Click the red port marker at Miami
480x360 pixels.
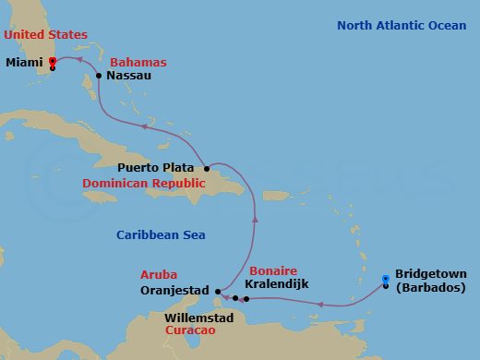point(53,62)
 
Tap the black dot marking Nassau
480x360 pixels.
point(99,77)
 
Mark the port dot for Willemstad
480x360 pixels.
point(235,298)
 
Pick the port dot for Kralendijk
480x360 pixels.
point(246,299)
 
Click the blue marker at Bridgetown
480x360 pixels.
point(385,279)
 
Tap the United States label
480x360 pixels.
point(42,35)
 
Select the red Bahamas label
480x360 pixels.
point(138,62)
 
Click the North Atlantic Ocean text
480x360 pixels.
point(401,25)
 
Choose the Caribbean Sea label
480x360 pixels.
point(156,235)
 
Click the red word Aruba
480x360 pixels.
point(159,274)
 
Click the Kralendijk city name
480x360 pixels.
point(287,284)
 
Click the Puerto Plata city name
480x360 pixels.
point(156,168)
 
